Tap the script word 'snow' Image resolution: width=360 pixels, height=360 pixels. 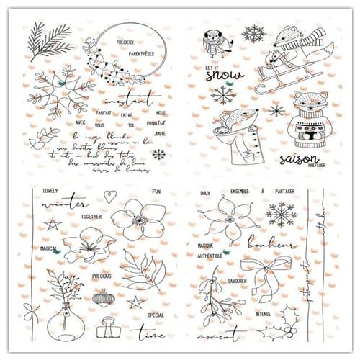(220, 74)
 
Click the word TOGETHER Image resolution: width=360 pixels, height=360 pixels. (91, 216)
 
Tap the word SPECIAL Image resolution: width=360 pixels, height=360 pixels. (156, 315)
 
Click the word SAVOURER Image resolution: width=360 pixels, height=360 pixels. (238, 281)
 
